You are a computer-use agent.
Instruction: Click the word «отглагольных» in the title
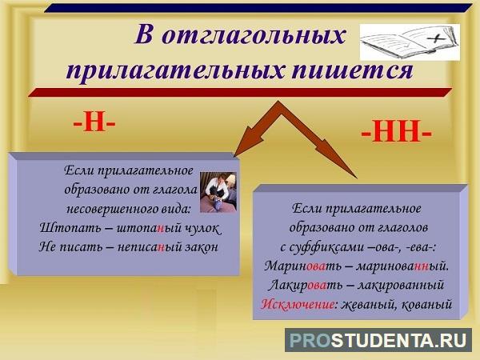click(x=254, y=37)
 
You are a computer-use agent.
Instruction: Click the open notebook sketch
click(x=410, y=42)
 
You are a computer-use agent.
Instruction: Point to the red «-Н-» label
click(x=94, y=123)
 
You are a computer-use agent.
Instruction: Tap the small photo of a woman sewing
click(x=218, y=192)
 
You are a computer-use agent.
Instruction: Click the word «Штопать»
click(x=71, y=228)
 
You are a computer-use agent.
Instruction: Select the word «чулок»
click(x=203, y=228)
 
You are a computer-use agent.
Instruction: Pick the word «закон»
click(x=201, y=246)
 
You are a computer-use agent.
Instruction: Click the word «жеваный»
click(x=368, y=304)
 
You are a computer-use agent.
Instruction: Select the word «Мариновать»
click(x=302, y=266)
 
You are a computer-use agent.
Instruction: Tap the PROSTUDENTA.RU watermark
click(x=378, y=340)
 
